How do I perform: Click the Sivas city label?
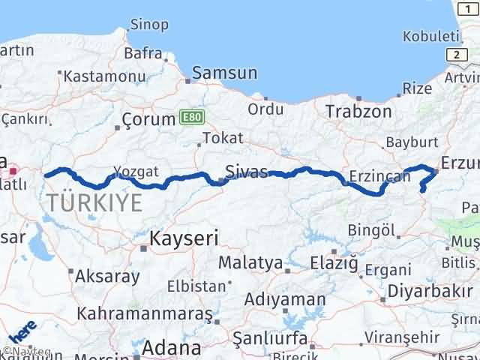point(247,172)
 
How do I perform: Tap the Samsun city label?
point(224,73)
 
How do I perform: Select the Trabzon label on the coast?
point(358,112)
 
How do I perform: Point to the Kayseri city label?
point(184,239)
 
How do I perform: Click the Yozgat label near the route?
point(136,171)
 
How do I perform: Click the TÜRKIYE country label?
point(94,202)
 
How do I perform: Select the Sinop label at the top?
point(149,25)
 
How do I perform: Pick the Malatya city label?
point(250,263)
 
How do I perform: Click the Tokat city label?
point(223,138)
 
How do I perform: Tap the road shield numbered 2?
point(454,55)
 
